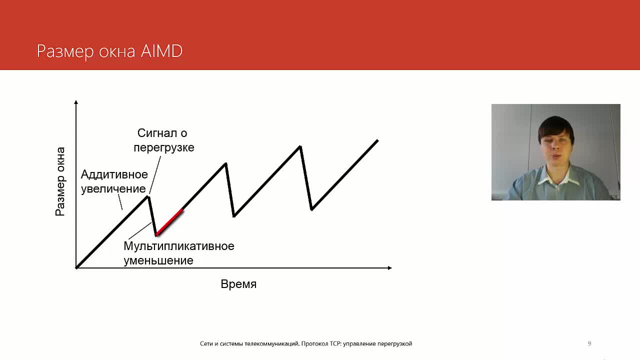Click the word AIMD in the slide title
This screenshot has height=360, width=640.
tap(161, 51)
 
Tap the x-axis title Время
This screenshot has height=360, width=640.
tap(238, 284)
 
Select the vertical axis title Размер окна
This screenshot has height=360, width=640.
tap(60, 181)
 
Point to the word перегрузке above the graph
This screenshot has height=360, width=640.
tap(164, 147)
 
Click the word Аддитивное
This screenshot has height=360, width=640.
tap(114, 174)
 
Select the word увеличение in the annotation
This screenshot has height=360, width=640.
tap(113, 189)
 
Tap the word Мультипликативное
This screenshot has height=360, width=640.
tap(179, 246)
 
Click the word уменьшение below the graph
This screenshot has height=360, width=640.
tap(158, 260)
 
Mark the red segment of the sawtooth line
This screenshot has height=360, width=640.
tap(169, 222)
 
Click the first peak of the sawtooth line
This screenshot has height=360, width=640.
tap(148, 196)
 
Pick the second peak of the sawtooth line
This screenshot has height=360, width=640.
tap(225, 163)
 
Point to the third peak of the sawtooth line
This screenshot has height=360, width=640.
tap(300, 146)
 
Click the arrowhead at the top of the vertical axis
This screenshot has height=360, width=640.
tap(76, 102)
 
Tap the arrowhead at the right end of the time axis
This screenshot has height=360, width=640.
tap(389, 267)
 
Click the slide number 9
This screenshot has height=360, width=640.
tap(589, 343)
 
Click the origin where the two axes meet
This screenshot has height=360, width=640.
tap(76, 267)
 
